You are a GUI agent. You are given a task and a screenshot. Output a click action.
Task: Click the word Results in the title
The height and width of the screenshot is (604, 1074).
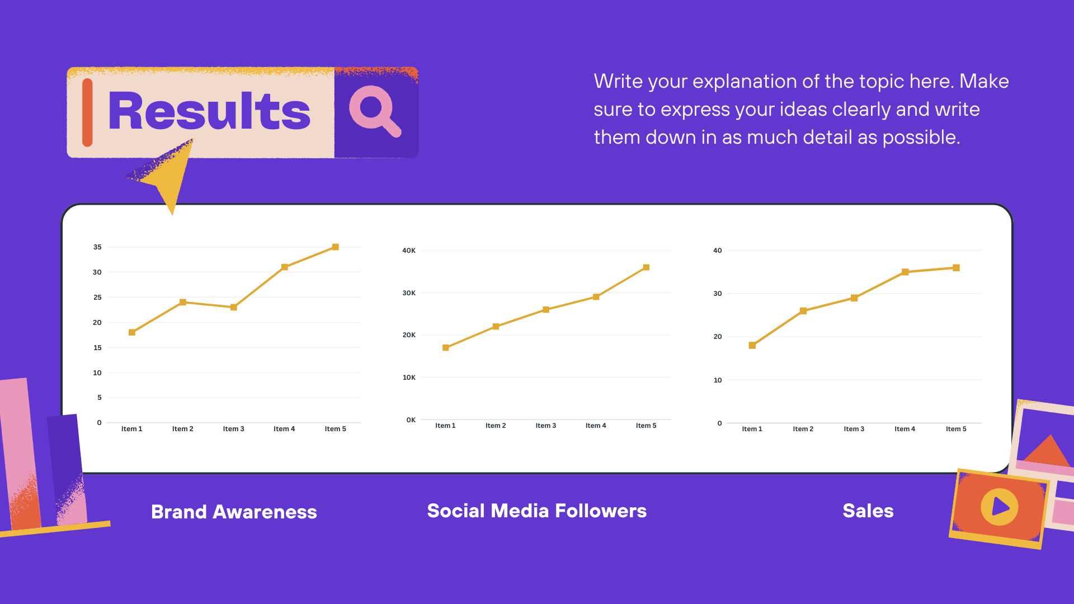click(209, 111)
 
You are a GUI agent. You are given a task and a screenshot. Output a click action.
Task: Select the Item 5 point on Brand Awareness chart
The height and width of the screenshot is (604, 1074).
click(336, 247)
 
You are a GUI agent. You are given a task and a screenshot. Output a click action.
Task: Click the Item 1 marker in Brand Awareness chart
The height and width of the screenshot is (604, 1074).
click(132, 332)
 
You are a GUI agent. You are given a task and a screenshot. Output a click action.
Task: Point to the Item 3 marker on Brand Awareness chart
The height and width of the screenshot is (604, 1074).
click(234, 307)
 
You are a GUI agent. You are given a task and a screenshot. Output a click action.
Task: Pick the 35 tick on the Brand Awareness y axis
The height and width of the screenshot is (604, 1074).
click(97, 247)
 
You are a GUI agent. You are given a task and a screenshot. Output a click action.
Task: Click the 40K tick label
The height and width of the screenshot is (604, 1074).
click(409, 251)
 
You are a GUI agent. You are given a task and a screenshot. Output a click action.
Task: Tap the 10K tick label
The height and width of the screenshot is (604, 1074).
click(409, 377)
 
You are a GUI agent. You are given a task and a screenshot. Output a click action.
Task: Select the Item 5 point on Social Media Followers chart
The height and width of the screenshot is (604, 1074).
click(646, 267)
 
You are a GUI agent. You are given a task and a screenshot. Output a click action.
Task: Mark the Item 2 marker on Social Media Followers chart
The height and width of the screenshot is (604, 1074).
click(496, 327)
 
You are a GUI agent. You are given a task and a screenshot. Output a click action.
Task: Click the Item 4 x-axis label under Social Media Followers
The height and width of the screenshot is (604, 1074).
click(596, 426)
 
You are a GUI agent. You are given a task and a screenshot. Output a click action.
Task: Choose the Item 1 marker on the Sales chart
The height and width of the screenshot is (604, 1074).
click(752, 346)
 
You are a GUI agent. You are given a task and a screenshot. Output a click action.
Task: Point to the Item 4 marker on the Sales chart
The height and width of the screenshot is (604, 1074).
click(905, 272)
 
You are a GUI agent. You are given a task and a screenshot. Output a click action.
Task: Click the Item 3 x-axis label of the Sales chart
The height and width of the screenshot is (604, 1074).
click(854, 429)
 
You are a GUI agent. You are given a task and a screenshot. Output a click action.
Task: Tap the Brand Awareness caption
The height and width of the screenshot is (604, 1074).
click(234, 512)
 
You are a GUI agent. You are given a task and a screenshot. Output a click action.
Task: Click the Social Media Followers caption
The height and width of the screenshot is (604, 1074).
click(537, 511)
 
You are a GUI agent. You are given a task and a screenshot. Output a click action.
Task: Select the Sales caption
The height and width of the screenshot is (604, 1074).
click(868, 511)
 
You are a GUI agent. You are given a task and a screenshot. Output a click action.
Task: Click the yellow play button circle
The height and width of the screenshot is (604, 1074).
click(1000, 507)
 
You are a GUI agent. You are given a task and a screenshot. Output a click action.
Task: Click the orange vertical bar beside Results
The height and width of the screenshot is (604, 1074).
click(87, 112)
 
